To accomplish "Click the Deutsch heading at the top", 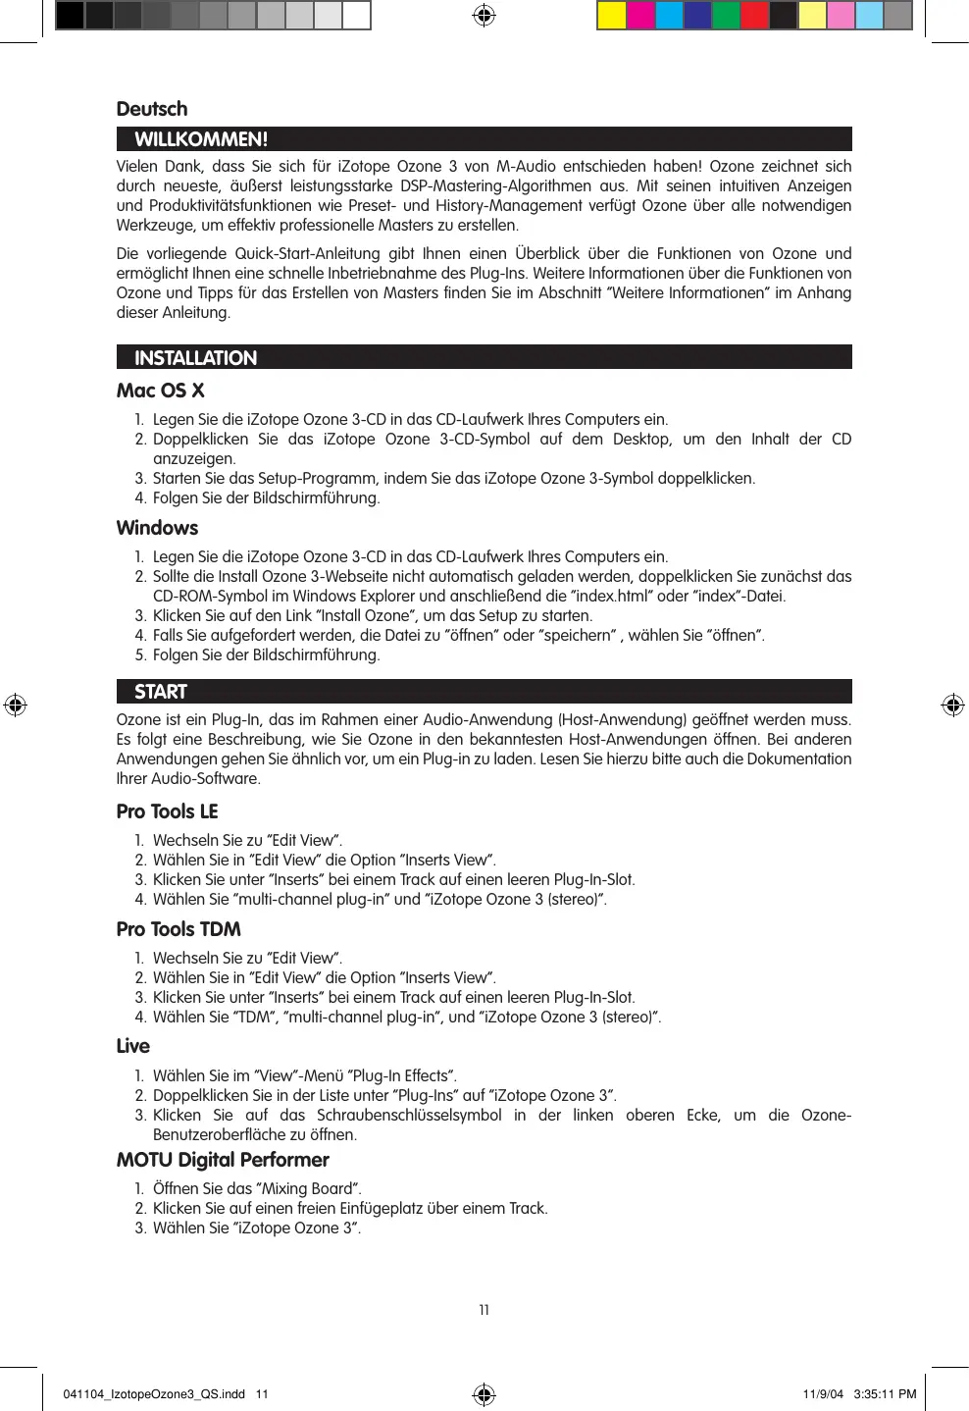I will (x=151, y=109).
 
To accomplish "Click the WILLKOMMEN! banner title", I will (x=201, y=139).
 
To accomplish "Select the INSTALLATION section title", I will (x=195, y=358).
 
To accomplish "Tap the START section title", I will (x=161, y=692).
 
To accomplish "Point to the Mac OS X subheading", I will (x=160, y=391).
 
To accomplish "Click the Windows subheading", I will (x=157, y=528).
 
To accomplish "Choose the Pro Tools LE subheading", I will (x=167, y=811).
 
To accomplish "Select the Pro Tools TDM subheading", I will (x=178, y=929).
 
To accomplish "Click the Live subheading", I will (x=132, y=1046).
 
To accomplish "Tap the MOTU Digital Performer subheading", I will (x=223, y=1160).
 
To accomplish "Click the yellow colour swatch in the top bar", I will (x=612, y=16).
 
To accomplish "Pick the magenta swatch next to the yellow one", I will (x=640, y=16).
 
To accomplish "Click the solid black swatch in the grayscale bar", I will (x=70, y=16).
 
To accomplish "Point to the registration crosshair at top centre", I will (x=484, y=16).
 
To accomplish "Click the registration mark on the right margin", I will (x=952, y=705).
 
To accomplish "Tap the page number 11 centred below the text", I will (x=484, y=1310).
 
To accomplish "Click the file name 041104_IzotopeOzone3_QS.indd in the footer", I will (x=154, y=1394).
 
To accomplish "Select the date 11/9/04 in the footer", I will (x=823, y=1394).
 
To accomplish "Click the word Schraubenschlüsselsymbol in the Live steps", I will (x=409, y=1116).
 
